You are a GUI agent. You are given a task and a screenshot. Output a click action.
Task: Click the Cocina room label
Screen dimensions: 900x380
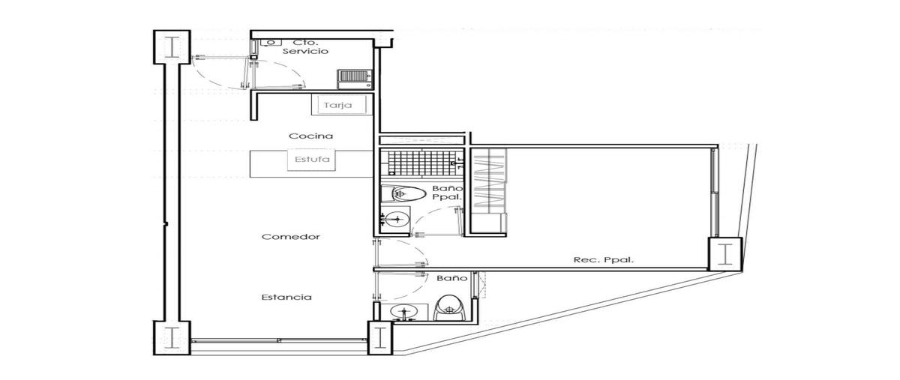pyautogui.click(x=311, y=136)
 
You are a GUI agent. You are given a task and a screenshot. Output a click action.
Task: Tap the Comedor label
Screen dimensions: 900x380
pyautogui.click(x=291, y=237)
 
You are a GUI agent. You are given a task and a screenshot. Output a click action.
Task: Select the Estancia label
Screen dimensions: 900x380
pyautogui.click(x=286, y=298)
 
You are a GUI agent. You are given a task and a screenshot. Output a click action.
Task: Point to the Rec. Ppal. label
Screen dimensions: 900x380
pyautogui.click(x=604, y=260)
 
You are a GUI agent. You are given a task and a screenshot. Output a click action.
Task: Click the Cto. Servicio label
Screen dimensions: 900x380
pyautogui.click(x=305, y=46)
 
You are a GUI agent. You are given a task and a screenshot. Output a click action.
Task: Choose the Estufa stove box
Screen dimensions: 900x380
pyautogui.click(x=312, y=160)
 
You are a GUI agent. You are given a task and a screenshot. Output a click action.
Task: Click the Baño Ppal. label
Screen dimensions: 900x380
pyautogui.click(x=447, y=193)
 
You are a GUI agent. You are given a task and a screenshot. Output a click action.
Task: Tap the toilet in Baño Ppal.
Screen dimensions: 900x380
pyautogui.click(x=403, y=194)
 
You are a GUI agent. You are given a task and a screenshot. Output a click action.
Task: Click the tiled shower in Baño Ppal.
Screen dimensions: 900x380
pyautogui.click(x=421, y=163)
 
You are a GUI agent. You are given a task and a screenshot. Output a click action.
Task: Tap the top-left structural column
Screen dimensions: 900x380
pyautogui.click(x=172, y=47)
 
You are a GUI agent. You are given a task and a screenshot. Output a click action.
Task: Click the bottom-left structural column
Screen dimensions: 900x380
pyautogui.click(x=172, y=338)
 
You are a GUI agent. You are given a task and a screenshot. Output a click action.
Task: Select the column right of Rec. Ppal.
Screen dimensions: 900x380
pyautogui.click(x=725, y=254)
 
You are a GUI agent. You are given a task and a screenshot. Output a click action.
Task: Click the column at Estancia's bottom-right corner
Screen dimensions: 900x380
pyautogui.click(x=380, y=338)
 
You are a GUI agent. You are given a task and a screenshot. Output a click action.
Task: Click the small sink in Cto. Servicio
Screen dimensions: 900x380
pyautogui.click(x=271, y=43)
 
